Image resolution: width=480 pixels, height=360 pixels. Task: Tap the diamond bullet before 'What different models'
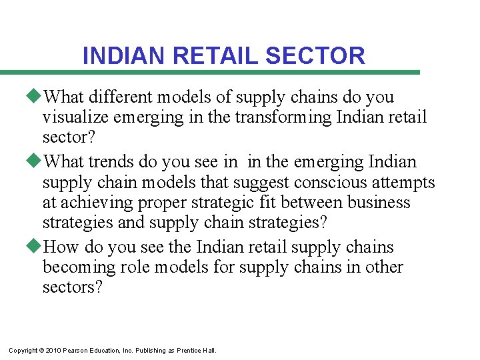[x=37, y=97]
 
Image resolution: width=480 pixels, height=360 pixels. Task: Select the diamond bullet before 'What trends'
[x=37, y=162]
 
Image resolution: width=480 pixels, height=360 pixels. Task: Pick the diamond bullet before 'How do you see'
[x=37, y=247]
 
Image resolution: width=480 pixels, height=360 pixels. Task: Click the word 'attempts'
[x=407, y=182]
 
